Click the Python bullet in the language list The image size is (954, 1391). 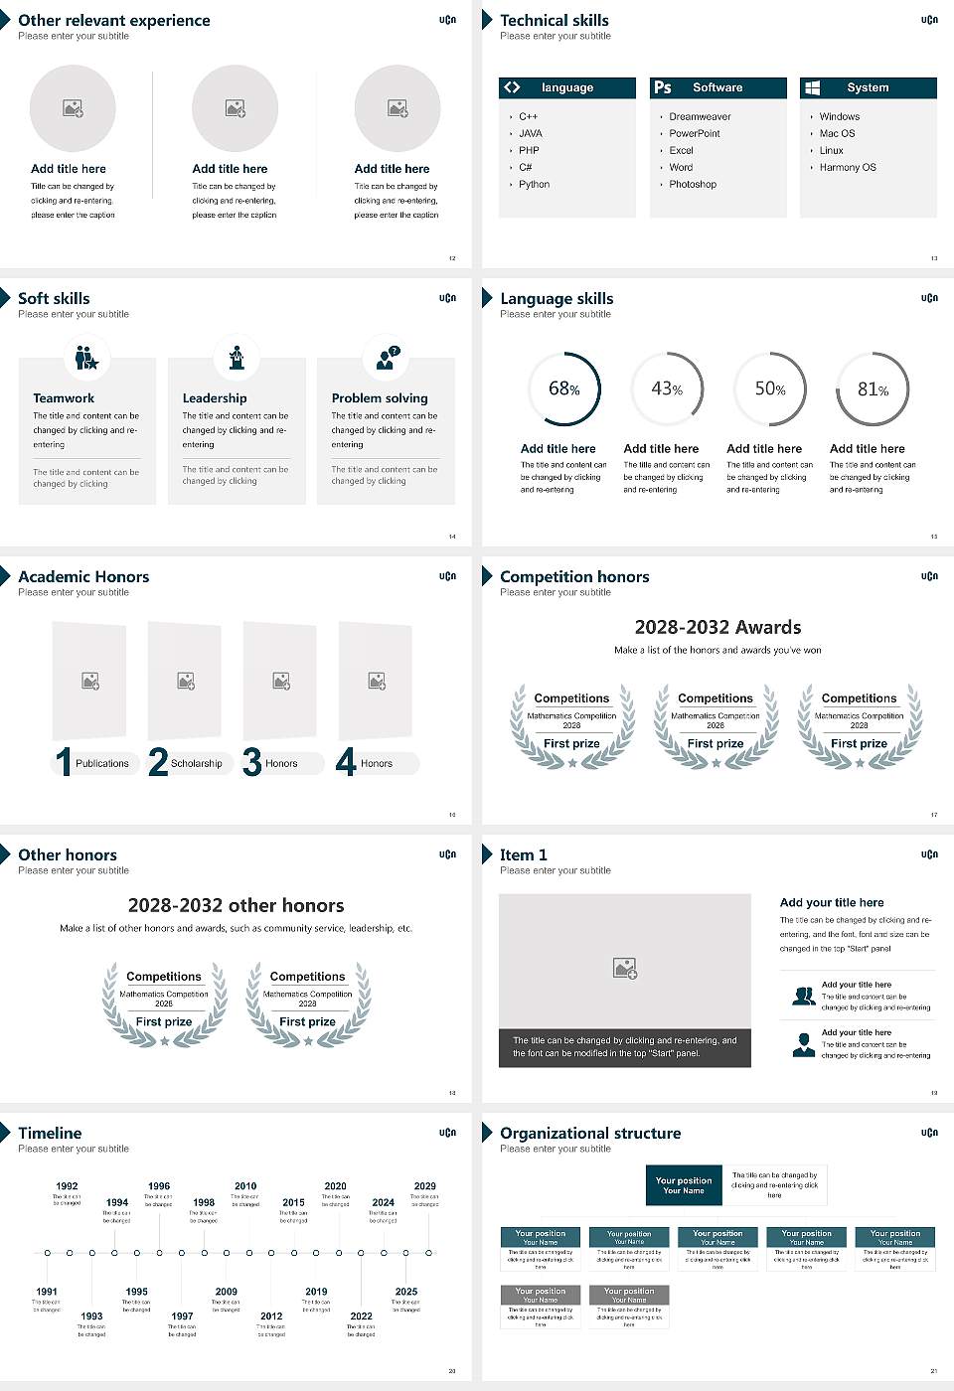[x=534, y=184]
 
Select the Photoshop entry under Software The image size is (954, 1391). [x=692, y=184]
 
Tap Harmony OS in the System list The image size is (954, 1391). [x=848, y=167]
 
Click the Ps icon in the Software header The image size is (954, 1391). [x=663, y=87]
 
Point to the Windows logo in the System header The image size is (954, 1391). [x=812, y=87]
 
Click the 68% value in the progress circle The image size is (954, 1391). [x=563, y=388]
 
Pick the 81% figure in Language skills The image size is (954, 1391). [x=873, y=389]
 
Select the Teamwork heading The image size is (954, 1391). [x=64, y=397]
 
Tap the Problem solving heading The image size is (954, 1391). [x=380, y=397]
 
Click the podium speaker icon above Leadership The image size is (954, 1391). [x=237, y=357]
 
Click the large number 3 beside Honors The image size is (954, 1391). [x=252, y=762]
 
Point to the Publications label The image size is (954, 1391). [x=101, y=763]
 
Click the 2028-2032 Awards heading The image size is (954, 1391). [x=717, y=627]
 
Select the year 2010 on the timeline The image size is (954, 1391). [x=245, y=1185]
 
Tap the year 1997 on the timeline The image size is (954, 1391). [x=182, y=1315]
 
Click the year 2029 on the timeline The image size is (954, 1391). [x=424, y=1185]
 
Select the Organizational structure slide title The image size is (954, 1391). [x=590, y=1133]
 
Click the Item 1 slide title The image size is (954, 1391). [x=523, y=854]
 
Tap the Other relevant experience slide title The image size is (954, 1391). [x=113, y=20]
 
